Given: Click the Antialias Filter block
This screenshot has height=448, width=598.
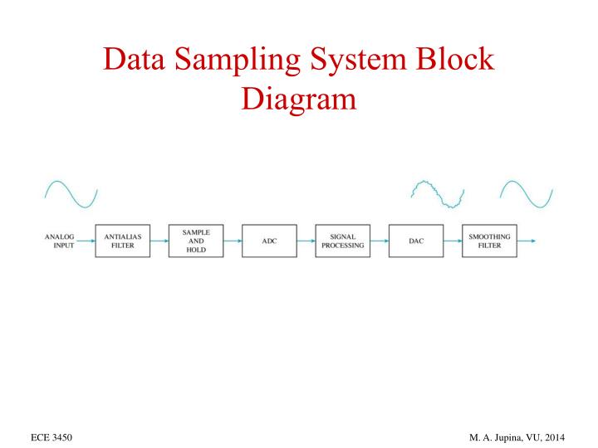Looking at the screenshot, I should click(x=121, y=241).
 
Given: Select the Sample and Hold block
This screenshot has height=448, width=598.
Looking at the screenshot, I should click(x=195, y=241).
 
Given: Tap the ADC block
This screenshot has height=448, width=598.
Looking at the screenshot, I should click(x=268, y=241).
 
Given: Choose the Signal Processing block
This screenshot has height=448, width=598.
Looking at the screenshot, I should click(x=342, y=241).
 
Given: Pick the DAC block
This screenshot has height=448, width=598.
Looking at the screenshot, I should click(x=415, y=241).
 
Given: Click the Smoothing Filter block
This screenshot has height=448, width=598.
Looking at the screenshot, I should click(x=489, y=241).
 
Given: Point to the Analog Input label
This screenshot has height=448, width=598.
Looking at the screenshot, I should click(x=59, y=241).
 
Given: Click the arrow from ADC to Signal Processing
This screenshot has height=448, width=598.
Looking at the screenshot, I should click(x=305, y=241).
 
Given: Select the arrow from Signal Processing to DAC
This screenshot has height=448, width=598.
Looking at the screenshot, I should click(x=379, y=241).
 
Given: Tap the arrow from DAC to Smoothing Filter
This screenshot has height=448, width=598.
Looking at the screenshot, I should click(x=452, y=241).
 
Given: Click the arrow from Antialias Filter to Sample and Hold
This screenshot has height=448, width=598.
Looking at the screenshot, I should click(x=158, y=241).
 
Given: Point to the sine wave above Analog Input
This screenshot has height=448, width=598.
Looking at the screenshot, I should click(x=71, y=193).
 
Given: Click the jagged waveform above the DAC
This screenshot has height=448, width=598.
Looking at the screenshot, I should click(x=438, y=193).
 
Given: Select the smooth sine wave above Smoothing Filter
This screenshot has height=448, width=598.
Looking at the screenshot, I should click(x=526, y=193).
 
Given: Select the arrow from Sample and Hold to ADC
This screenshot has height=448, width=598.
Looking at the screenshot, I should click(x=232, y=241).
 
